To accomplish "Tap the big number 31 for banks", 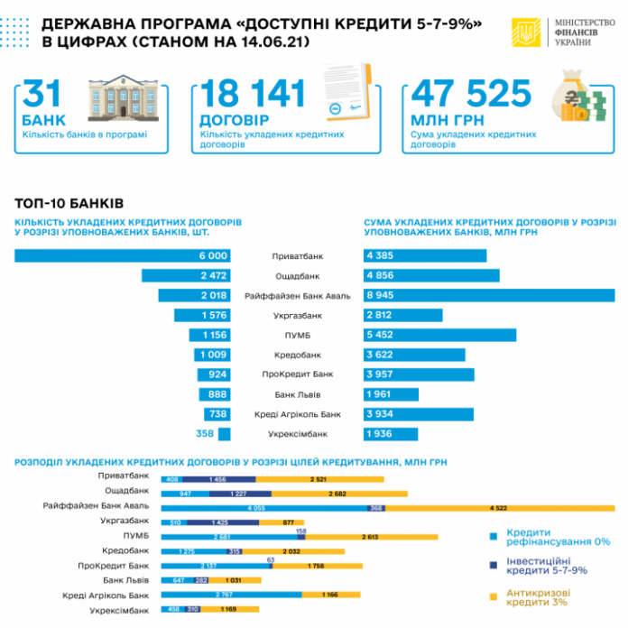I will pos(43,97).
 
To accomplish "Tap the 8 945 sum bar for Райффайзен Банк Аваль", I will pos(488,296).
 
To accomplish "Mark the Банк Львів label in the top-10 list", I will pos(297,394).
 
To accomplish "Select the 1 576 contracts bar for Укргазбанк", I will pos(204,316).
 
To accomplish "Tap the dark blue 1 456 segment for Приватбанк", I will pos(217,478).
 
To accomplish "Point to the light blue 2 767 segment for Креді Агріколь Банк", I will pos(232,596).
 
